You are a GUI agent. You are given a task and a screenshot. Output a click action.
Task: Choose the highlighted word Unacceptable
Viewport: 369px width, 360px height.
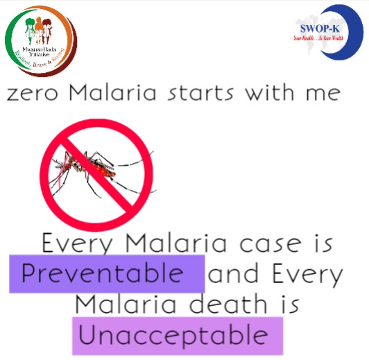(x=173, y=336)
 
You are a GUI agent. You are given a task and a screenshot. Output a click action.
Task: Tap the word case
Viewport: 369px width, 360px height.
(x=266, y=244)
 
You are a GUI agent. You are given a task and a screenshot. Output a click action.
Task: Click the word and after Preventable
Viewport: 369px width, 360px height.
(x=233, y=275)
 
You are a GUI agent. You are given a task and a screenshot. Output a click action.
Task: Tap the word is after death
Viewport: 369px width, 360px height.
(x=286, y=304)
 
